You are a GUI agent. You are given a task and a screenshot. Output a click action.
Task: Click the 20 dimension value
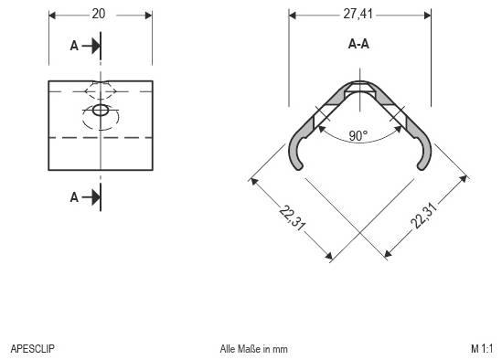click(100, 14)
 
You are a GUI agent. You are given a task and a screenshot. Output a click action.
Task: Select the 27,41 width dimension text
click(359, 15)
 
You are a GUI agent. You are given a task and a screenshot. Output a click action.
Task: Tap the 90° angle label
click(358, 135)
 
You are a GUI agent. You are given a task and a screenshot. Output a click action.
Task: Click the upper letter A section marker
click(75, 45)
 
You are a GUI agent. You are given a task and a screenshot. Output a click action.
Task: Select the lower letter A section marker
click(75, 196)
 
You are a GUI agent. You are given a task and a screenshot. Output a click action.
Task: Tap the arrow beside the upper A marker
click(91, 45)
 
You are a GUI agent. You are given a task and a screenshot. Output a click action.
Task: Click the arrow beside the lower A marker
click(91, 196)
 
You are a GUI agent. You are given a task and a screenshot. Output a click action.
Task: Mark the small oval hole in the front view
click(100, 111)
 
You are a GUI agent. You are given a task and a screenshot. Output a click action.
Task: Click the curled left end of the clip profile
click(295, 155)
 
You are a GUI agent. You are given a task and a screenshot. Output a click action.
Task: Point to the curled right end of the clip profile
click(422, 155)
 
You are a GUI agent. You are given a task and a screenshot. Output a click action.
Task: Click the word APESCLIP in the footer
click(32, 348)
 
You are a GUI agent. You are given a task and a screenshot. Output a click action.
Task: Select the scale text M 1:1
click(481, 348)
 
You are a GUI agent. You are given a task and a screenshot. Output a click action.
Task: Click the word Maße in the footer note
click(246, 348)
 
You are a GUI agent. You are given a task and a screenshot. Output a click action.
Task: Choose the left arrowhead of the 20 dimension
click(52, 15)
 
